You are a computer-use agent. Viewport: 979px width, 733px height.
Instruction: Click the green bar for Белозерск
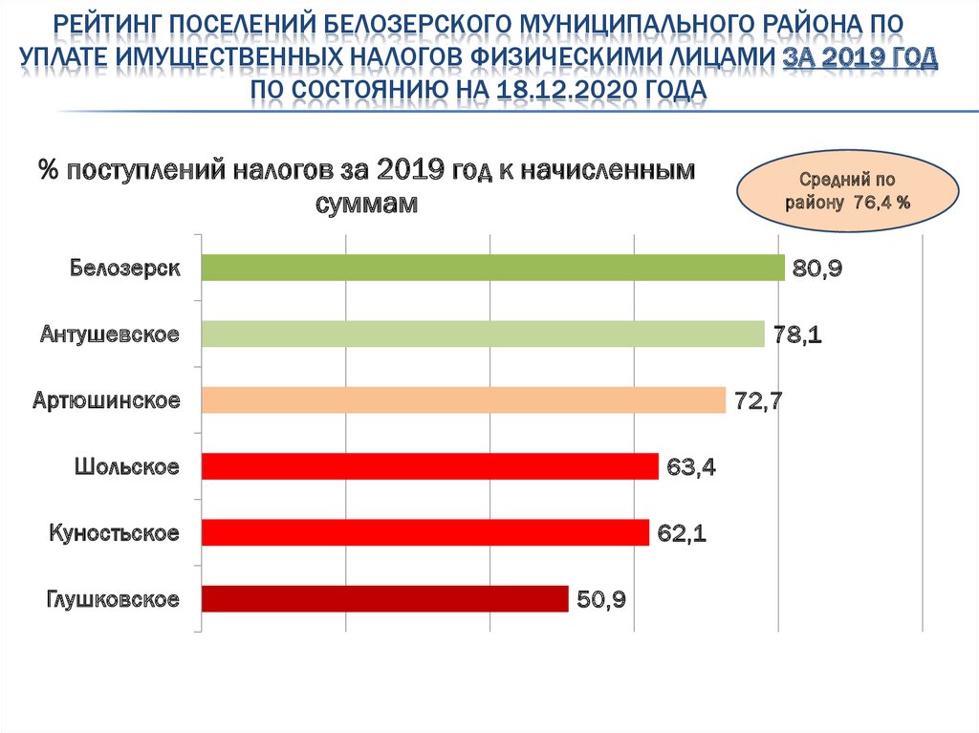point(492,268)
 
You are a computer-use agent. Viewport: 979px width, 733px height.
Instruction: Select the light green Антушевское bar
point(483,334)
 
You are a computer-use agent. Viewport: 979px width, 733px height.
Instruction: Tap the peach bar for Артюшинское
point(464,399)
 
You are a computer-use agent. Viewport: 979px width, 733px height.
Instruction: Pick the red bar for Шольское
point(430,466)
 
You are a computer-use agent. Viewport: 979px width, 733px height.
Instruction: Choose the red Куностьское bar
point(425,532)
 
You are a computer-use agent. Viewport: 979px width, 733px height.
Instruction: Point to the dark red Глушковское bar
point(385,599)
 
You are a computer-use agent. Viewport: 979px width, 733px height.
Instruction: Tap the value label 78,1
point(798,335)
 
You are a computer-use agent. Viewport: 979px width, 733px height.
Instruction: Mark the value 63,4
point(692,468)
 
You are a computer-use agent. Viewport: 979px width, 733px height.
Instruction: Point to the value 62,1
point(682,534)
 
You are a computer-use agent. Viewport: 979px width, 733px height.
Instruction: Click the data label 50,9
point(601,600)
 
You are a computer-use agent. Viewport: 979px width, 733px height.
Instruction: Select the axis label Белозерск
point(124,268)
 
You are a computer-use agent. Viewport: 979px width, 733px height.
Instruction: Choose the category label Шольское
point(127,466)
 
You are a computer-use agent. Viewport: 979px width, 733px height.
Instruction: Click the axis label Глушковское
point(112,599)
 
